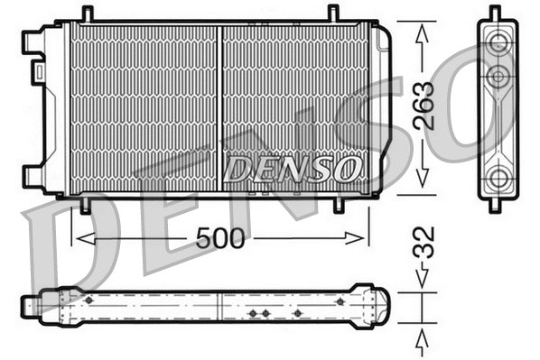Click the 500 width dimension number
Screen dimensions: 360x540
pyautogui.click(x=220, y=238)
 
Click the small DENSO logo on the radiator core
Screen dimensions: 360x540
pyautogui.click(x=293, y=169)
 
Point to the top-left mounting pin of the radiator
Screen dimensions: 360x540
pyautogui.click(x=87, y=14)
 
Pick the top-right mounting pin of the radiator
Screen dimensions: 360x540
pyautogui.click(x=332, y=14)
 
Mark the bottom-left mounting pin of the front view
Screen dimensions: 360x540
pyautogui.click(x=85, y=204)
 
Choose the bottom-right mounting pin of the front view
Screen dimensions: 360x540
pyautogui.click(x=339, y=204)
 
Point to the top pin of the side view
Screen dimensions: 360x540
pyautogui.click(x=495, y=12)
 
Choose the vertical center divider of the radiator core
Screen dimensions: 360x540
pyautogui.click(x=219, y=108)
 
